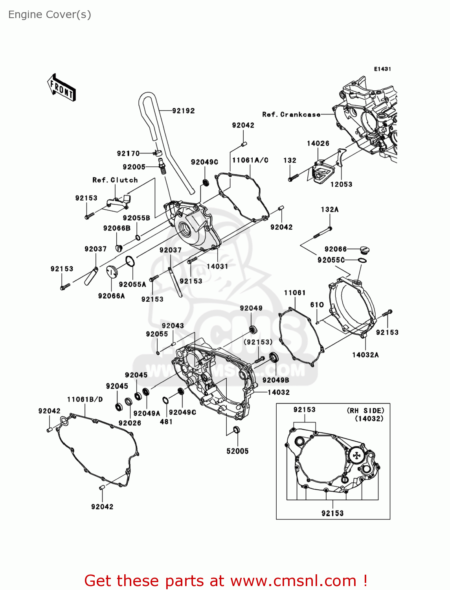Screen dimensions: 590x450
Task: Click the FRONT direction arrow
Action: (x=61, y=87)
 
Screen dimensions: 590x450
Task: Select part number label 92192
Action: (x=183, y=111)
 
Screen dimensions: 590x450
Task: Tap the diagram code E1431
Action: (x=382, y=69)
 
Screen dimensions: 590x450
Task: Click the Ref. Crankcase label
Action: (x=291, y=114)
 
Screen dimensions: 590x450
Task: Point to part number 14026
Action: (x=318, y=144)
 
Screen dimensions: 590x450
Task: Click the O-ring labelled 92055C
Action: (x=362, y=260)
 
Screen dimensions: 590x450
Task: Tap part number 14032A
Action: (x=365, y=355)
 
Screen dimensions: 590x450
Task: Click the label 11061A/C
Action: (x=250, y=160)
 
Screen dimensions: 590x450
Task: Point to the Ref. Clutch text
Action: (x=115, y=180)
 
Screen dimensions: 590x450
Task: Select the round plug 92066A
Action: (x=112, y=272)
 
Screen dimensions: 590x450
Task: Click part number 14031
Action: (x=217, y=266)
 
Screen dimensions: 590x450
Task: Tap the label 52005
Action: (x=237, y=451)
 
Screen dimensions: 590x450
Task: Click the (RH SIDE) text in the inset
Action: (x=366, y=411)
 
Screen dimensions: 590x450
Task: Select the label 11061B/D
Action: (x=84, y=399)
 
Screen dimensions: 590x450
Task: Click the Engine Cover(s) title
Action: (x=50, y=15)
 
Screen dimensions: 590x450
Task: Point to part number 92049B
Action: (x=276, y=380)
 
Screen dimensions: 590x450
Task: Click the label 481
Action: (x=166, y=422)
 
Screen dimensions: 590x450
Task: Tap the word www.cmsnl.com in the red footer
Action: (x=293, y=581)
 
